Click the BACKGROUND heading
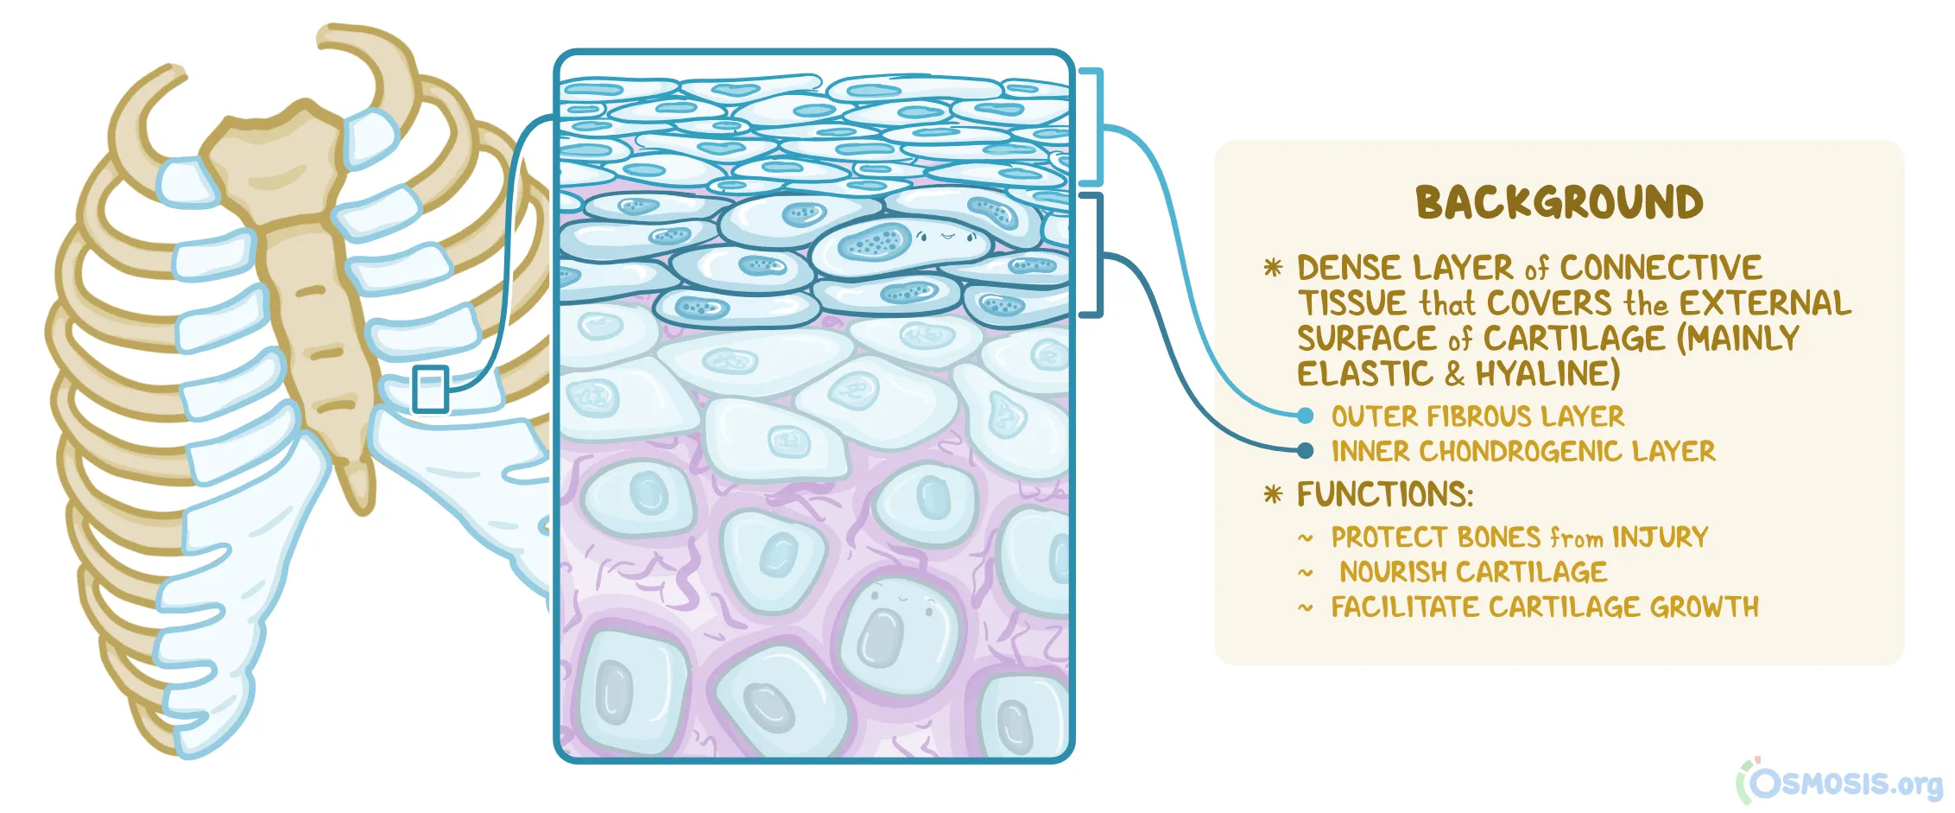pos(1559,203)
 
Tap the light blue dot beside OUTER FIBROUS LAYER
pos(1305,416)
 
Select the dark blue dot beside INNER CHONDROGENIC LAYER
pos(1305,450)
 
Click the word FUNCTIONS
pos(1384,494)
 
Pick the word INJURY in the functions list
pos(1660,537)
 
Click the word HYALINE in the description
pos(1547,374)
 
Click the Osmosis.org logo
pos(1839,783)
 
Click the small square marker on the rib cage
pos(430,389)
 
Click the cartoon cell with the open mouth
pos(898,626)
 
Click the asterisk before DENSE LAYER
pos(1272,267)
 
